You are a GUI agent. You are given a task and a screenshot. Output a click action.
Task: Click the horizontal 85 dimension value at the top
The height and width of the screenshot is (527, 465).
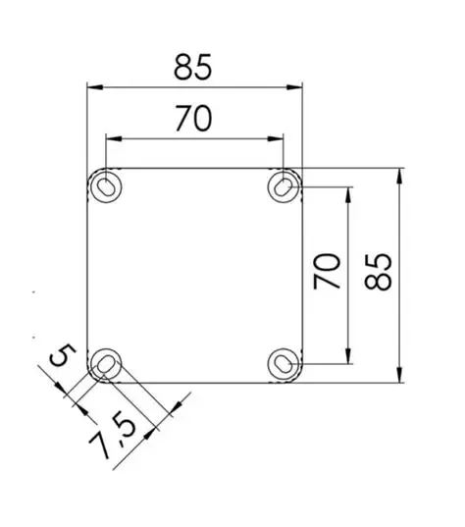(x=193, y=67)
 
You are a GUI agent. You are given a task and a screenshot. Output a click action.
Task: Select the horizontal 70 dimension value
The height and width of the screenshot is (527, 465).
(x=193, y=118)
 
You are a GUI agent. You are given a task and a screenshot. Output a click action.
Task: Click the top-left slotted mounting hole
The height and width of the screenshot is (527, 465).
(x=105, y=185)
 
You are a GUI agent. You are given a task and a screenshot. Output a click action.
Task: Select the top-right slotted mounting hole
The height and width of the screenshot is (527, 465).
(x=284, y=185)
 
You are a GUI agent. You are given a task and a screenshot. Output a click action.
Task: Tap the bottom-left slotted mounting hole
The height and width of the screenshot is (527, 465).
(x=105, y=365)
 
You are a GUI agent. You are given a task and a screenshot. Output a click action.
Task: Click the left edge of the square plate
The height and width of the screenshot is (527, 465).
(x=87, y=275)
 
